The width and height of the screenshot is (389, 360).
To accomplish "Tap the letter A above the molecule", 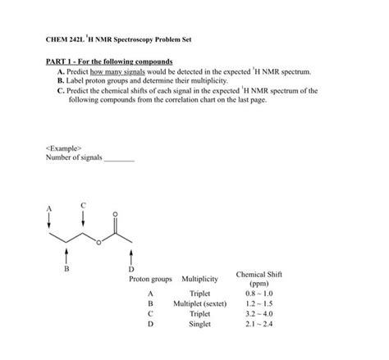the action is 48,208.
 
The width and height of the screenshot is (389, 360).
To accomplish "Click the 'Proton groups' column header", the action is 150,279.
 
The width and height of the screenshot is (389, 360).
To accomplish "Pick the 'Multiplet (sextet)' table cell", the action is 199,303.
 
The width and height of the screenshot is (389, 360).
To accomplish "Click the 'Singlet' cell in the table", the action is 199,324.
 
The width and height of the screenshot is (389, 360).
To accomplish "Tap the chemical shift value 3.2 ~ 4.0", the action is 259,313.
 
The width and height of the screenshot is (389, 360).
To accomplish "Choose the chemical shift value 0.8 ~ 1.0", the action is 259,293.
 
